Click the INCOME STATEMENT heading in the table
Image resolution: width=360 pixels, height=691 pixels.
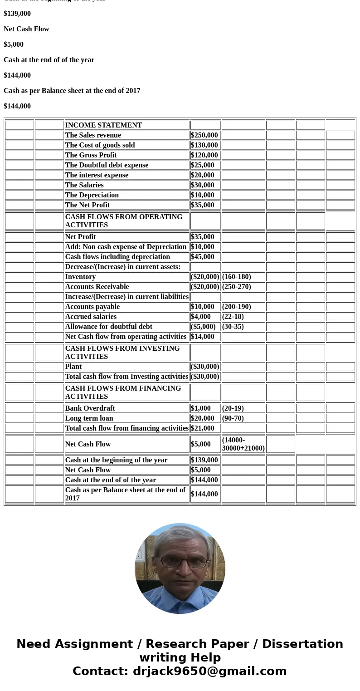[103, 125]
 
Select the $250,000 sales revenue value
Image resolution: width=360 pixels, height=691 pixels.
[204, 135]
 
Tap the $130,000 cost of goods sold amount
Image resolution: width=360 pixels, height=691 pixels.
[204, 145]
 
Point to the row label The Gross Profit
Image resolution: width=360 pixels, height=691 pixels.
[91, 155]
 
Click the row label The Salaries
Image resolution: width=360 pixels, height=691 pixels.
[84, 185]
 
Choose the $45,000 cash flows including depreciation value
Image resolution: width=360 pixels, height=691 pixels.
[202, 257]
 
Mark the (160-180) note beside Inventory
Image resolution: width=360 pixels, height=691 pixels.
[236, 277]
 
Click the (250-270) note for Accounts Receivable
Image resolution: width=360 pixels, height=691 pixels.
[236, 287]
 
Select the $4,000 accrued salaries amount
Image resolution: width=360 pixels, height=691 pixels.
[200, 317]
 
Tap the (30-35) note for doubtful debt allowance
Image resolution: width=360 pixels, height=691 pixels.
[233, 327]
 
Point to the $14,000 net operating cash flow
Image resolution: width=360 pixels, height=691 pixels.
[202, 337]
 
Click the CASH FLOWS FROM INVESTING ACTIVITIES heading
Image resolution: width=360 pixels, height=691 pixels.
[122, 353]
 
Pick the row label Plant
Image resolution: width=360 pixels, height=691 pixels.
[73, 367]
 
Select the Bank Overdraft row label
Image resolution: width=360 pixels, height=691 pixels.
[90, 408]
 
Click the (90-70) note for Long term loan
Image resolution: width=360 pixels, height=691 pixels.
[233, 418]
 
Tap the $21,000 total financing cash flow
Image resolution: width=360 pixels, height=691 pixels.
[202, 428]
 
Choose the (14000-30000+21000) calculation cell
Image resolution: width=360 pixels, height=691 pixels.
[243, 444]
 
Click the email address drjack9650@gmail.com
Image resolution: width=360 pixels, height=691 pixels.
[209, 671]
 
